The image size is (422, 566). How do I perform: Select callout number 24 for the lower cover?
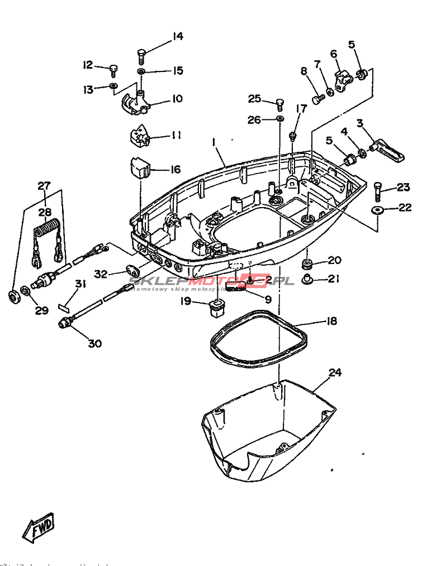[x=335, y=372]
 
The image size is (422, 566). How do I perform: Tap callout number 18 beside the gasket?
[x=331, y=322]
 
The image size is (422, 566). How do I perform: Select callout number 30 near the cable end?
[x=95, y=343]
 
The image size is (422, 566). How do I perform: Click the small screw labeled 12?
[x=114, y=70]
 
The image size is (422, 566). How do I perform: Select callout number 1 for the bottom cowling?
[x=213, y=143]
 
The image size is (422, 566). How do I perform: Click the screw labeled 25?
[x=280, y=103]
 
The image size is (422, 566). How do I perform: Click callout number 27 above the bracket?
[x=44, y=186]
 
